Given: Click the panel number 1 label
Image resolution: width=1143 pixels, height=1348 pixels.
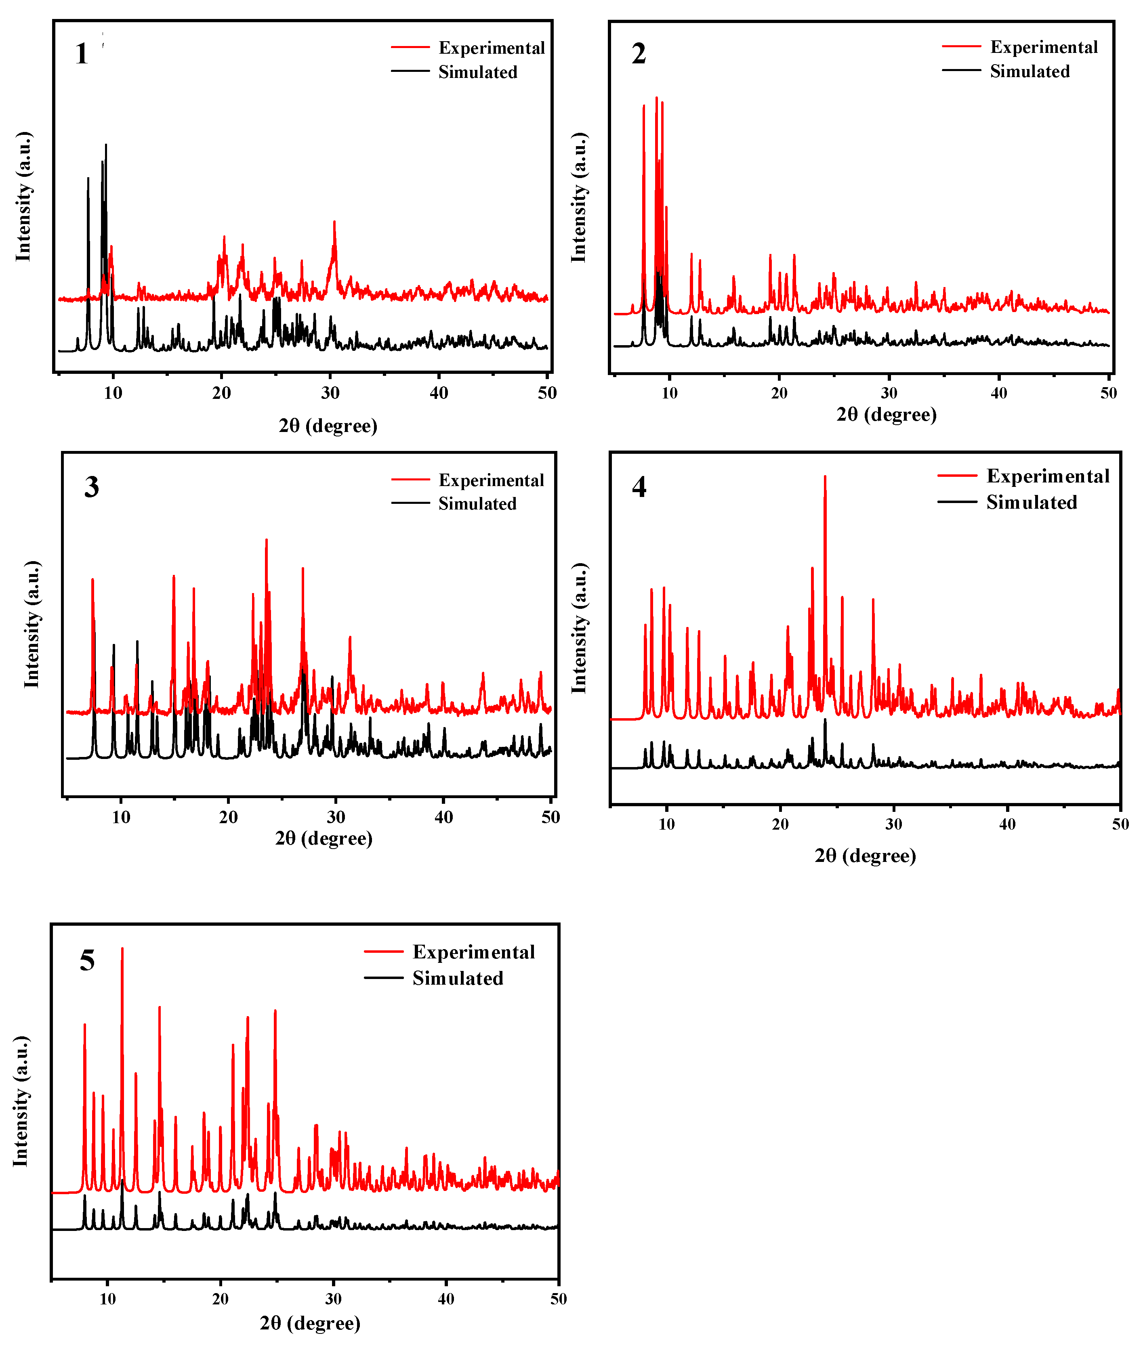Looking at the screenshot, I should (x=81, y=54).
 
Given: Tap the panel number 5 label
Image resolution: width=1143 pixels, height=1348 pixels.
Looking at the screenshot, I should (x=87, y=960).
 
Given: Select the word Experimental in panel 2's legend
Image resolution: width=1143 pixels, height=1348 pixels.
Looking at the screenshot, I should (x=1043, y=47).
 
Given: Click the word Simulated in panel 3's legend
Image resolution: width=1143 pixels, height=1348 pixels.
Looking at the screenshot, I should (x=477, y=504).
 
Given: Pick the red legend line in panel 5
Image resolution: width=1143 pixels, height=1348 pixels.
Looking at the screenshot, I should (x=384, y=952).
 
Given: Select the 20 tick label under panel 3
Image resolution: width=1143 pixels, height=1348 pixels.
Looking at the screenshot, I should (x=228, y=818).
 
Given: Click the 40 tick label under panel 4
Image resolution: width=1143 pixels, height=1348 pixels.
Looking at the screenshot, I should (x=1007, y=824).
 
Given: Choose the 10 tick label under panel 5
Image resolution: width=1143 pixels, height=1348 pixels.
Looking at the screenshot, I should (x=107, y=1299).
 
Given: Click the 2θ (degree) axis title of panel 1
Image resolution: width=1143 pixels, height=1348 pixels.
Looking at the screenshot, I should (x=328, y=426).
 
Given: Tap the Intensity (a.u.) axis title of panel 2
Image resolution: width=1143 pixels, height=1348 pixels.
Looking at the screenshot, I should (x=579, y=197).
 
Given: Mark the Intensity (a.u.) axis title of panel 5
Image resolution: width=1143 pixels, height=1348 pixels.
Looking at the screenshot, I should (x=21, y=1101).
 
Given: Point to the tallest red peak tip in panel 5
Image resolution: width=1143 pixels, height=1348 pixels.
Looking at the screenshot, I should (x=122, y=948).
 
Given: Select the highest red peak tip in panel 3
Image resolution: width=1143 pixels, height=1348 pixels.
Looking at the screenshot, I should (x=266, y=540).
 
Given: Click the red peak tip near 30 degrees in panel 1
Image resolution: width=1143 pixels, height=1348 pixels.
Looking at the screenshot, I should (x=334, y=222).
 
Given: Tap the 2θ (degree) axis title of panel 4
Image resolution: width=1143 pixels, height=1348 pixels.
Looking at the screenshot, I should (x=865, y=856).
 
